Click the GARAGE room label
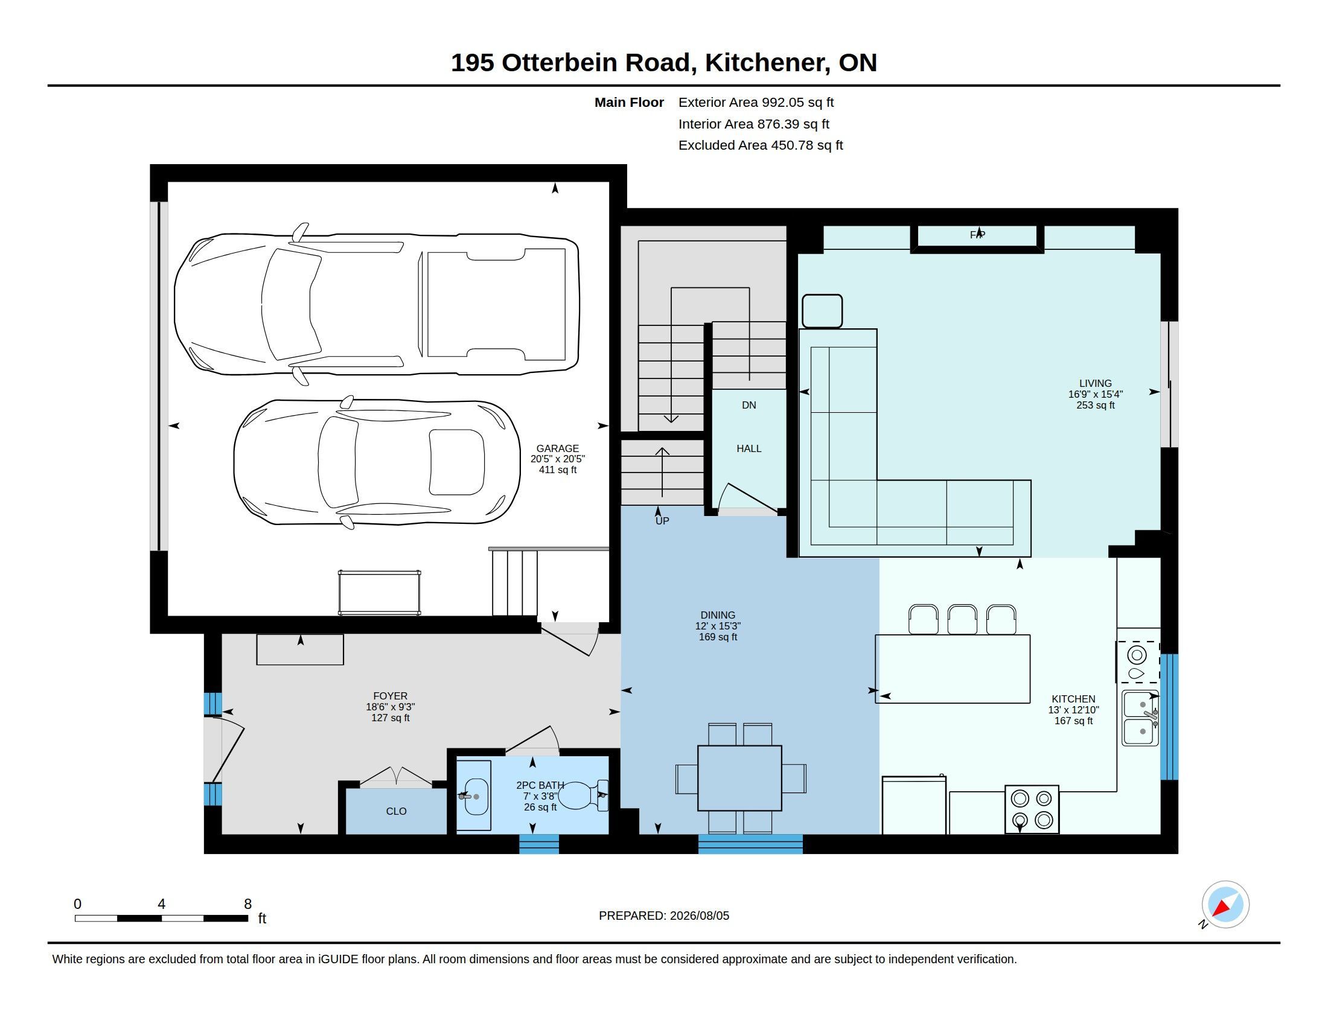pyautogui.click(x=557, y=448)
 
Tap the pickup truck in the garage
pyautogui.click(x=377, y=304)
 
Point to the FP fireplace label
pyautogui.click(x=977, y=235)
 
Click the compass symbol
pyautogui.click(x=1225, y=905)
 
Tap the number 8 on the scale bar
pyautogui.click(x=247, y=904)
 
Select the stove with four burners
pyautogui.click(x=1032, y=809)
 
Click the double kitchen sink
pyautogui.click(x=1140, y=718)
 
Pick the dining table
pyautogui.click(x=739, y=778)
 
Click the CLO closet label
pyautogui.click(x=396, y=811)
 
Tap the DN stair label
pyautogui.click(x=749, y=405)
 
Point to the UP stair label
pyautogui.click(x=662, y=521)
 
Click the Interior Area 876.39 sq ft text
pyautogui.click(x=753, y=124)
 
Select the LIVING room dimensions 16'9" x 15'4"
pyautogui.click(x=1095, y=394)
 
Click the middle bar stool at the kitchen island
pyautogui.click(x=962, y=619)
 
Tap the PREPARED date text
pyautogui.click(x=663, y=916)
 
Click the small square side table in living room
pyautogui.click(x=822, y=311)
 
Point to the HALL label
pyautogui.click(x=749, y=448)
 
